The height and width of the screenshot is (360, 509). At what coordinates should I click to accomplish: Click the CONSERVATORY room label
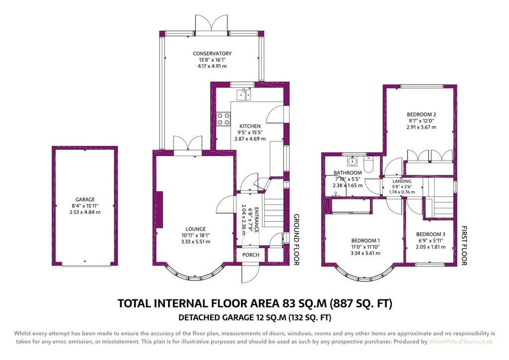click(212, 54)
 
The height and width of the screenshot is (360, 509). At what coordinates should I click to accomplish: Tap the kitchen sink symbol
click(245, 94)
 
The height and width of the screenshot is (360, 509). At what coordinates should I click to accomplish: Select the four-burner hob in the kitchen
click(223, 119)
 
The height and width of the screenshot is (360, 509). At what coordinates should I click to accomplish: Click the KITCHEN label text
click(250, 126)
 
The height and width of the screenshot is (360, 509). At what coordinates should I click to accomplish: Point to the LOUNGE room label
click(196, 229)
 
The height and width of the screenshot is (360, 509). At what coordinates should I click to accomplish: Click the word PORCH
click(251, 255)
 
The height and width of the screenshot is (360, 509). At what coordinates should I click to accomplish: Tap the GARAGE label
click(85, 199)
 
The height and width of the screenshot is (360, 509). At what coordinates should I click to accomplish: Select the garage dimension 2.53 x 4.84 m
click(85, 212)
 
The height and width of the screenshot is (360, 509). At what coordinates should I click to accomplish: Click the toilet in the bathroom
click(368, 165)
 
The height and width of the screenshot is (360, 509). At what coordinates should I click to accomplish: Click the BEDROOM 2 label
click(422, 114)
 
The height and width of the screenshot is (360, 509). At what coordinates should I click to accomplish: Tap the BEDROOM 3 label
click(431, 234)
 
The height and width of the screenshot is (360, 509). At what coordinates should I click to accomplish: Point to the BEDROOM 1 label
click(365, 241)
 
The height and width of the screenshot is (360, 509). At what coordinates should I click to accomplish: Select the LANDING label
click(402, 181)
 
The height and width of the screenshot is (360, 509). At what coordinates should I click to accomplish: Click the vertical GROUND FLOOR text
click(296, 240)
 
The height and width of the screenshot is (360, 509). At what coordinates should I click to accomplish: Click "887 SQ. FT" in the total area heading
click(361, 303)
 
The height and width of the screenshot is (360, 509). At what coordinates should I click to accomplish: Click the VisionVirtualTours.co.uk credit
click(461, 342)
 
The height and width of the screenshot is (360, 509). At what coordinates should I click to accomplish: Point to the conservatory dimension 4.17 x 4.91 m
click(212, 66)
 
